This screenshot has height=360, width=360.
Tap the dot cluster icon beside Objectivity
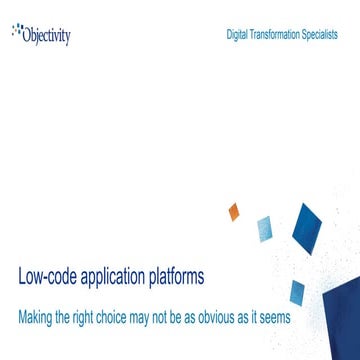point(17,30)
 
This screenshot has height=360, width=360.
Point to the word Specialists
point(321,34)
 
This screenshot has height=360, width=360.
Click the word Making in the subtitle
point(37,316)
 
